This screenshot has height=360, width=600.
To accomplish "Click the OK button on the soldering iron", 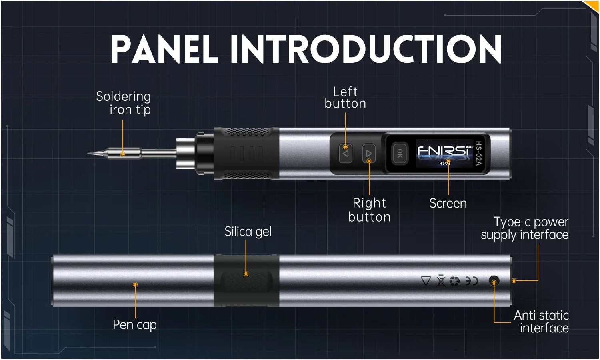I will (400, 153).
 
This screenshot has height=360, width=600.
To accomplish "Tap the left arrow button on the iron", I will (346, 154).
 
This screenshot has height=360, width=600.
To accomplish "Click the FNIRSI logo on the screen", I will (444, 151).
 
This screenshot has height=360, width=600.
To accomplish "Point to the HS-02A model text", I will (478, 153).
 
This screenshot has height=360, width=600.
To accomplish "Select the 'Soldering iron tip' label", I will (124, 103).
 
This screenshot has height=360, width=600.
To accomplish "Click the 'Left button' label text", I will (345, 98).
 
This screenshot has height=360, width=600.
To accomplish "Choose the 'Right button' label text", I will (369, 210).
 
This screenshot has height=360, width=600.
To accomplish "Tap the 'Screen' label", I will (448, 204).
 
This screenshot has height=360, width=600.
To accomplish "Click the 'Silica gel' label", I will (248, 232).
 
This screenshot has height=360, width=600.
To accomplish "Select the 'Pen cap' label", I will (134, 325).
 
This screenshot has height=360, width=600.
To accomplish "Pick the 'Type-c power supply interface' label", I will (525, 228).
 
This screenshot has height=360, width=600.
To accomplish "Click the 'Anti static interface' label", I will (542, 322).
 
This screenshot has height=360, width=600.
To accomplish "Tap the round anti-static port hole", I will (494, 281).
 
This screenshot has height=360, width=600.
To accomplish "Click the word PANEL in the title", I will (164, 49).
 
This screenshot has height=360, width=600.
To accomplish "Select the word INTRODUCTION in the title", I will (366, 49).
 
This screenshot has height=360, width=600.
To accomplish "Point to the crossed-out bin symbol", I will (441, 281).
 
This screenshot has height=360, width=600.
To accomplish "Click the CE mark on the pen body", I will (472, 281).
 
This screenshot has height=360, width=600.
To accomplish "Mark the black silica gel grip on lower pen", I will (246, 281).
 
